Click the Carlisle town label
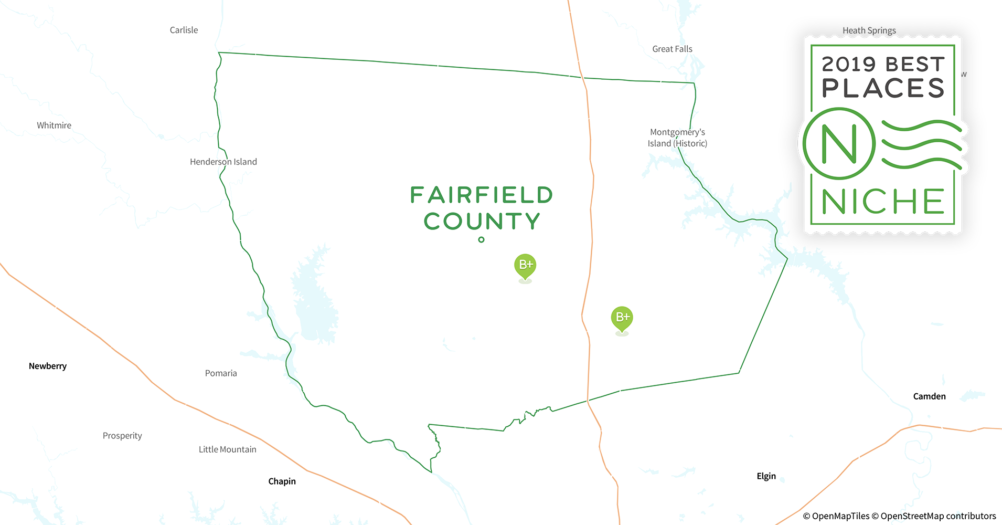184,30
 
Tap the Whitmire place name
54,125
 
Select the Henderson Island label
223,162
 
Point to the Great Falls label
672,49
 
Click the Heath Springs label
869,30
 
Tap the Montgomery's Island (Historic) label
677,138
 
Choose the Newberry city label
48,366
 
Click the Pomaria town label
221,373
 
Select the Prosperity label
122,436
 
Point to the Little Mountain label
227,449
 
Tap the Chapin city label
282,481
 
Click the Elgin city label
766,476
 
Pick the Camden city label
929,396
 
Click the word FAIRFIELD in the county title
482,195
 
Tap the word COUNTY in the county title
482,222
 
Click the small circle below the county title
481,240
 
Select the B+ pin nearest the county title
525,266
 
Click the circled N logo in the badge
839,143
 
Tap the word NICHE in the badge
883,202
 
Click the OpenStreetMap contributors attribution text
938,516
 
